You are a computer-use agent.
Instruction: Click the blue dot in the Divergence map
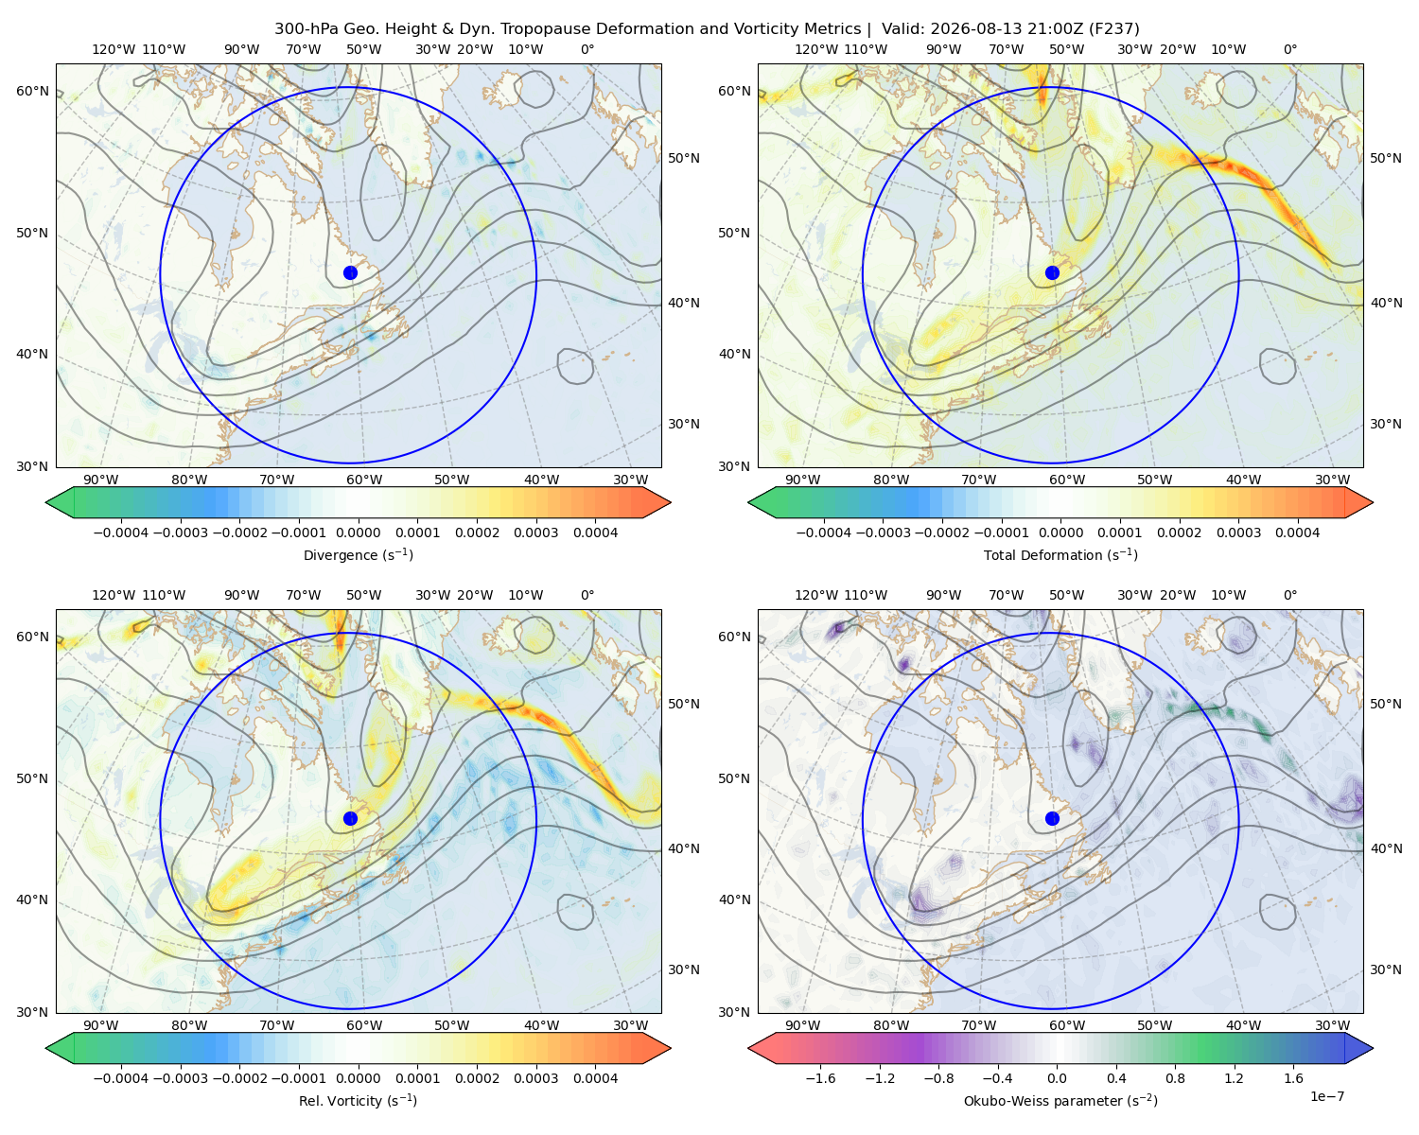[x=350, y=272]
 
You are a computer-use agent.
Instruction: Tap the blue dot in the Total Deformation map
[x=1052, y=272]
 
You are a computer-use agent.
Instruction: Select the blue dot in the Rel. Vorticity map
[x=350, y=818]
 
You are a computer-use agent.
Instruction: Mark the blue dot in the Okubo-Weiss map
[x=1052, y=818]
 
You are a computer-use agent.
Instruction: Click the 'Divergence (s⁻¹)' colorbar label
[x=358, y=554]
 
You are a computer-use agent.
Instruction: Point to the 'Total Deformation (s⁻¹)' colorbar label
[x=1060, y=554]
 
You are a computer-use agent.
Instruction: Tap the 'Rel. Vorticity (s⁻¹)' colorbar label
[x=358, y=1100]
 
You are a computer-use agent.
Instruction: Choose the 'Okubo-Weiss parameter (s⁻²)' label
[x=1060, y=1100]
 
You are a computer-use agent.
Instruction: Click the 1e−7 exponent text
[x=1326, y=1096]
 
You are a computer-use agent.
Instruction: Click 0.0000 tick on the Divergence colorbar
[x=358, y=533]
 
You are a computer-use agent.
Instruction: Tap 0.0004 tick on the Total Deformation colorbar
[x=1298, y=533]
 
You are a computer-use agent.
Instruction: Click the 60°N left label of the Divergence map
[x=32, y=91]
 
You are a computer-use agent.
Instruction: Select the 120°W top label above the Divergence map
[x=114, y=49]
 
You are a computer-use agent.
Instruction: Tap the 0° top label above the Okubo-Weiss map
[x=1289, y=595]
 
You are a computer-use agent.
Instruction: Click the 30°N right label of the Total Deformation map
[x=1386, y=424]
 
